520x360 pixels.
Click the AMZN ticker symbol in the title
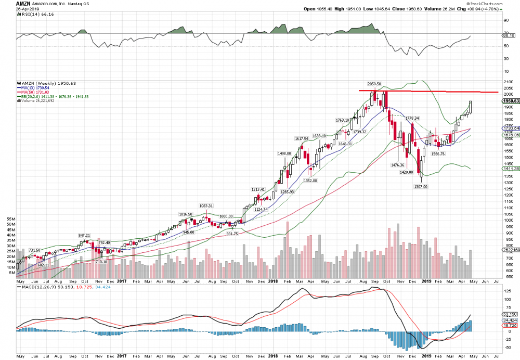click(9, 4)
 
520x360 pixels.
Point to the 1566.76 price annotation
click(437, 153)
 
